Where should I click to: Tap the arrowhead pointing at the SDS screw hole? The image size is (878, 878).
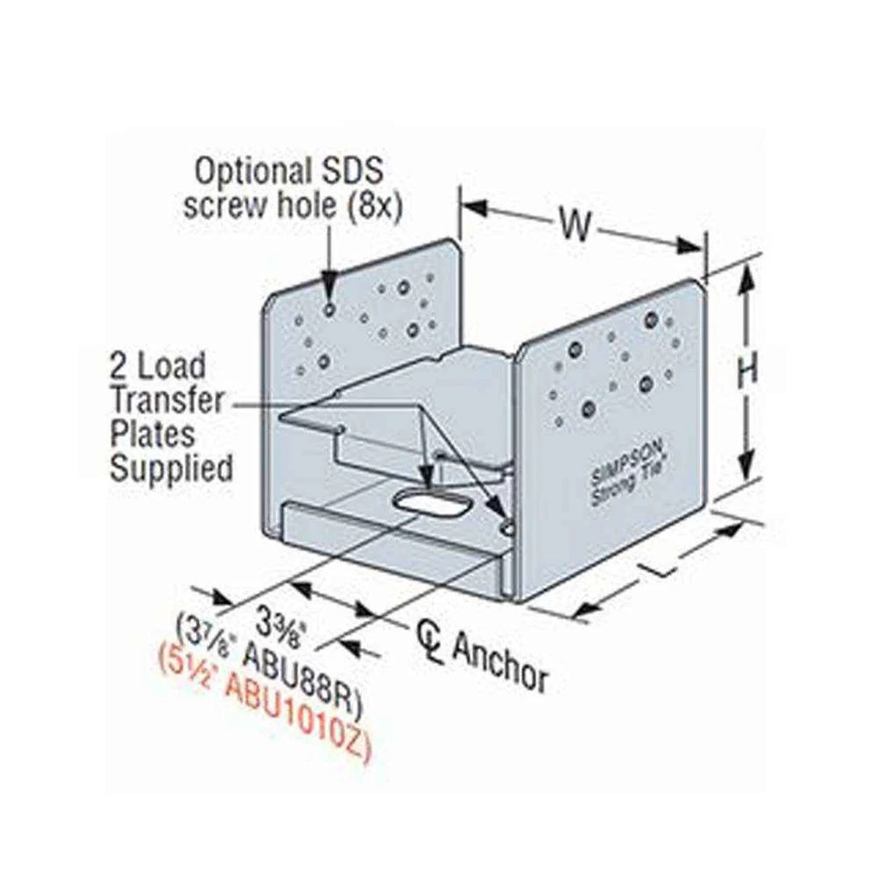click(x=330, y=294)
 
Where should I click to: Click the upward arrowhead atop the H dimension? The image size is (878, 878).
click(x=746, y=272)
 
